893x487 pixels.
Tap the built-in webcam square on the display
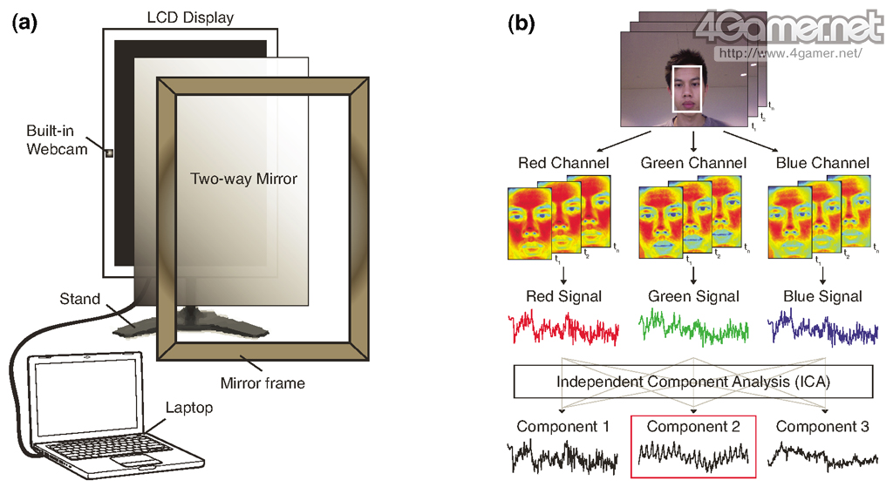[109, 154]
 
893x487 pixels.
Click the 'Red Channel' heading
[563, 163]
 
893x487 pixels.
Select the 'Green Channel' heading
[693, 163]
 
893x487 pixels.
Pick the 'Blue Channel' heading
[821, 163]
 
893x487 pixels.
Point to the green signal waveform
[693, 328]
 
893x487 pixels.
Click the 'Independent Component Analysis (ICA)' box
[693, 381]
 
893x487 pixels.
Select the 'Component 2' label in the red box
[693, 427]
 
